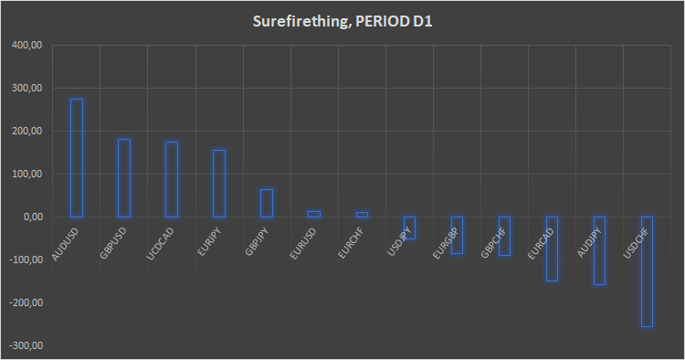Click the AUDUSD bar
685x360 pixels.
(77, 157)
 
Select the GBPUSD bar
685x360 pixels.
(124, 177)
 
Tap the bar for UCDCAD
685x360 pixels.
(172, 179)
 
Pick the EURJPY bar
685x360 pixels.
(219, 183)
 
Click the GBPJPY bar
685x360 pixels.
(267, 203)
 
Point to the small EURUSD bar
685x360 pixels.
(314, 214)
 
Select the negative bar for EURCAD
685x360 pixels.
(552, 249)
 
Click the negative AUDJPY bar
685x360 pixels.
(599, 250)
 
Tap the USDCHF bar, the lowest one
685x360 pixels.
(647, 271)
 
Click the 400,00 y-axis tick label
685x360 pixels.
(29, 46)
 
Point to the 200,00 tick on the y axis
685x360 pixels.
(29, 132)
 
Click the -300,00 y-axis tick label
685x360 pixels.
(27, 345)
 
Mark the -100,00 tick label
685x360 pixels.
(27, 260)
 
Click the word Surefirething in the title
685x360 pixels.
(299, 21)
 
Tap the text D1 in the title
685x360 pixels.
(421, 21)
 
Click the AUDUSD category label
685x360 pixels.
(65, 244)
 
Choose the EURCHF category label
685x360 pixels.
(351, 243)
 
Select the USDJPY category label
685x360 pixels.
(398, 243)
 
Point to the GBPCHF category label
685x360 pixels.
(493, 243)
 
